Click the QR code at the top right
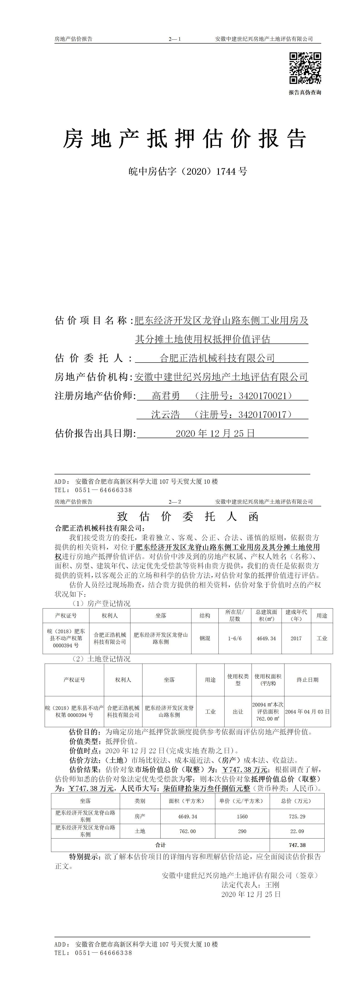[305, 68]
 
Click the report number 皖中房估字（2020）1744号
[188, 172]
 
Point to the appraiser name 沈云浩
[165, 414]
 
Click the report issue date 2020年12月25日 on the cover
[215, 433]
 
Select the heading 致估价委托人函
[188, 516]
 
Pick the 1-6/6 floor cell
[235, 638]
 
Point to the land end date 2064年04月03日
[307, 712]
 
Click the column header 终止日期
[307, 680]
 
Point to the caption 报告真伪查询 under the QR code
[305, 92]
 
